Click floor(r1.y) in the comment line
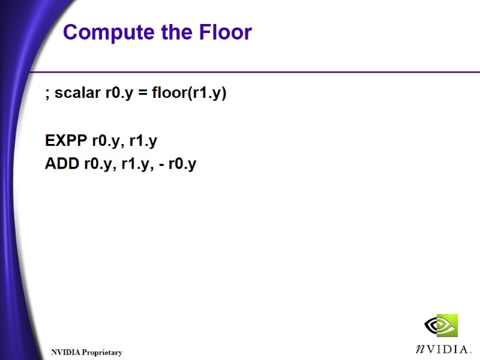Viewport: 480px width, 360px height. [x=189, y=94]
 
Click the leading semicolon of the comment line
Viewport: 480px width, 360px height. [x=47, y=95]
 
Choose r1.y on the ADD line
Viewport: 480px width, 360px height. [x=135, y=164]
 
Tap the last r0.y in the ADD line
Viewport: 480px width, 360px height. [x=182, y=164]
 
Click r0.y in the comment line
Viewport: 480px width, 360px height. [x=119, y=94]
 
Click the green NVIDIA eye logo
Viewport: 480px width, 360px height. [x=441, y=326]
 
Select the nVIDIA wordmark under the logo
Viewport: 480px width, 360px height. [x=441, y=348]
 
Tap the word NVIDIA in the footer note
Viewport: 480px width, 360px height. [x=65, y=352]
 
